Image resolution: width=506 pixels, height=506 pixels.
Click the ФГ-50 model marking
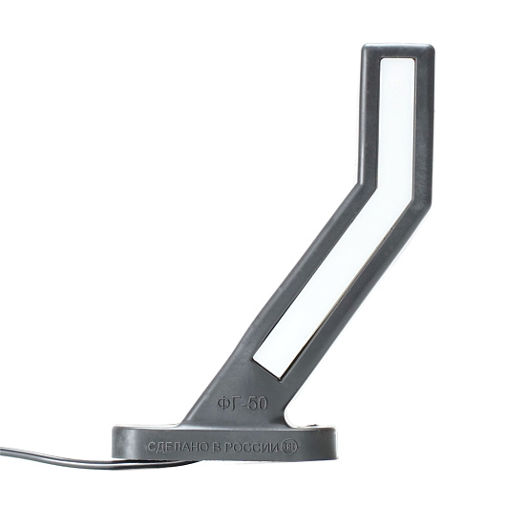tap(242, 403)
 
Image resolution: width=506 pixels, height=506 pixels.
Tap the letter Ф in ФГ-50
tap(223, 403)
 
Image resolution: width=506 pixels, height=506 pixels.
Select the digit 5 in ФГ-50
tap(254, 404)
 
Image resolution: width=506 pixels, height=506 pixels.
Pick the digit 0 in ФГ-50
tap(264, 404)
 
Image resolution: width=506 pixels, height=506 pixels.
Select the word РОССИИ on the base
tap(251, 447)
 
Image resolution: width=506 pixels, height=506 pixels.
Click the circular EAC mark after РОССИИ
tap(290, 447)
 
